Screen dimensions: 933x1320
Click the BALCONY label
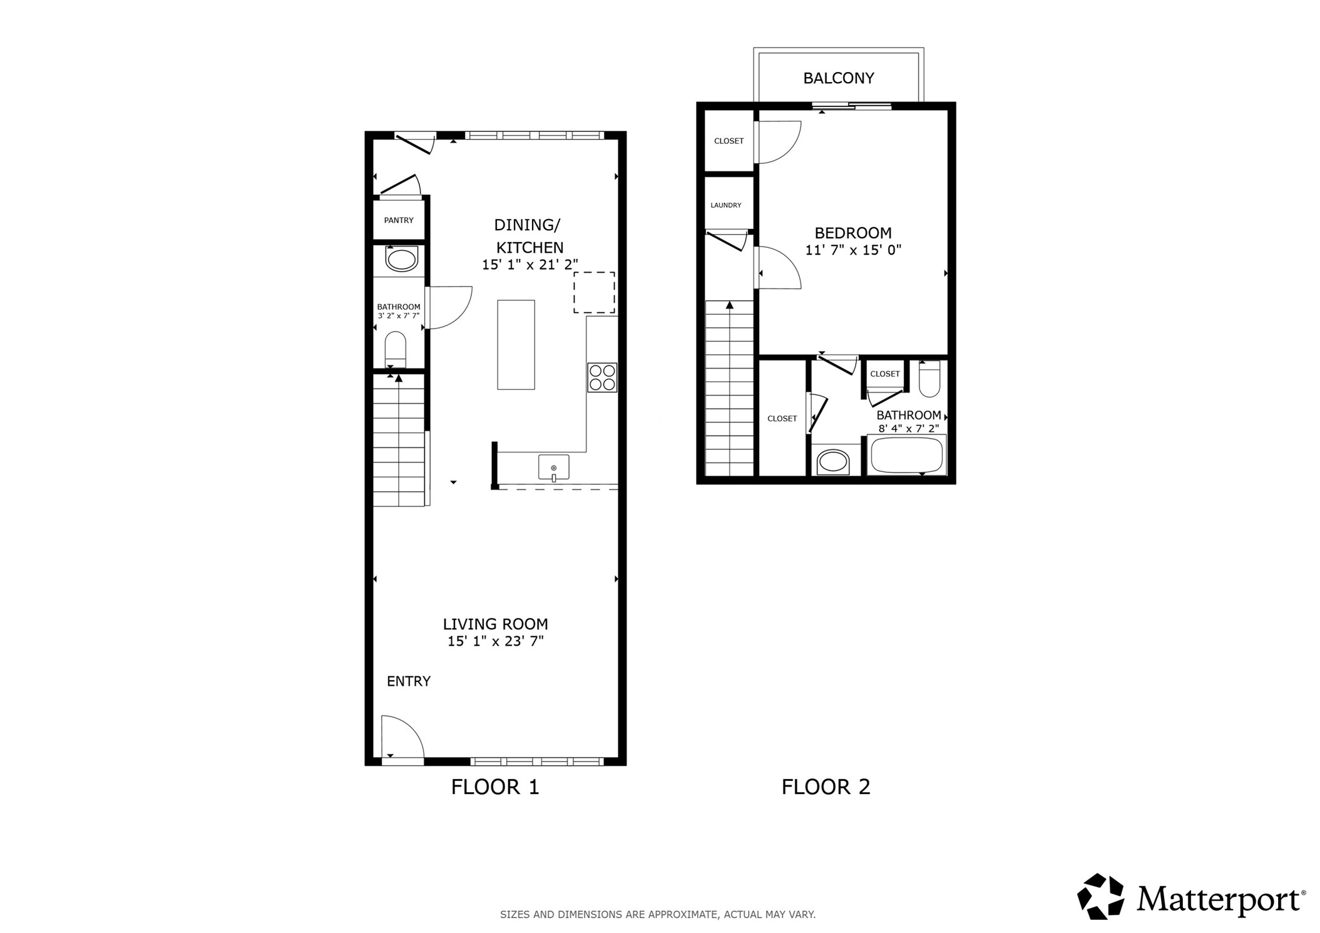pos(838,78)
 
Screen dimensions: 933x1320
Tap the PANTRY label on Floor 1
pos(399,220)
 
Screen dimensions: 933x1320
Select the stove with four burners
pos(602,377)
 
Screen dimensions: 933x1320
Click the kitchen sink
pos(553,467)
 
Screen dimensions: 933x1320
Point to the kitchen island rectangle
pos(516,345)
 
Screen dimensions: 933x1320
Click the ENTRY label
pos(408,681)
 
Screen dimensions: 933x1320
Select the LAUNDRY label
pos(725,205)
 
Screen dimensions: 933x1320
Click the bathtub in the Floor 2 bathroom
pos(906,455)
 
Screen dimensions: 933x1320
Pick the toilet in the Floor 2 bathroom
pos(929,379)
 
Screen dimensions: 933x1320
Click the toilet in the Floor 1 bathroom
pos(395,349)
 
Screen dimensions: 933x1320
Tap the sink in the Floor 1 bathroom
pos(401,259)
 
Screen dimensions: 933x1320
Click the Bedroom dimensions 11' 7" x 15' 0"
pos(852,250)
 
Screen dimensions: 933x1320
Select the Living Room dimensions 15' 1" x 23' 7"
pos(495,641)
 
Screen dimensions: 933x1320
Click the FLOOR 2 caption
pos(826,787)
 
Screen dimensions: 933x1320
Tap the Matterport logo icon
pos(1100,897)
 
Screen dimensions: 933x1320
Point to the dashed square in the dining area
pos(594,292)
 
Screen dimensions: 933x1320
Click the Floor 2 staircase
pos(729,388)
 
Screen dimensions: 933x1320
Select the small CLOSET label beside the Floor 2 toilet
pos(884,374)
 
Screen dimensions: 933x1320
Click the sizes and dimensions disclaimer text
pos(657,914)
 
